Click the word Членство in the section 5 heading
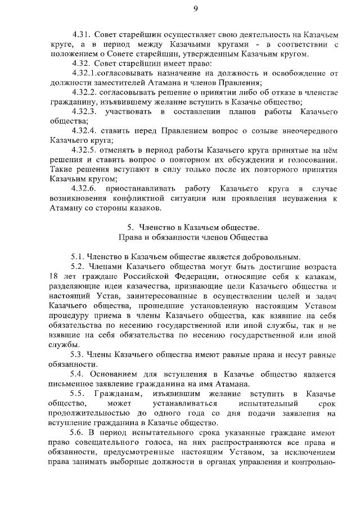click(155, 227)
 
